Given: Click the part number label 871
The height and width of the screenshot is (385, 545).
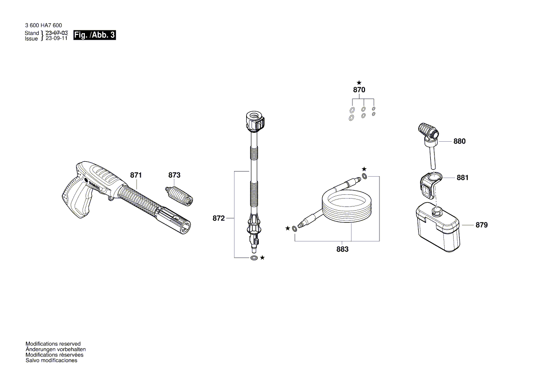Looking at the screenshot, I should (x=136, y=175).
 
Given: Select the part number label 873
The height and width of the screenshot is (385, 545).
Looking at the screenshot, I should (x=174, y=175).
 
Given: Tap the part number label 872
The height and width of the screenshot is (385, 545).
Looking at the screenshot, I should (x=219, y=218).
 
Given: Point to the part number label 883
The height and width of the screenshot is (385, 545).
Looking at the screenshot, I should (x=342, y=249).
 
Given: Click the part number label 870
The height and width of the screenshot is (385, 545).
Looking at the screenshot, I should (x=359, y=90).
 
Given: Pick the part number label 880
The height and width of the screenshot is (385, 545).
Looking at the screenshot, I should (x=459, y=141).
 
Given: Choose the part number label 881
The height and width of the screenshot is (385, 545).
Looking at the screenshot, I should (x=462, y=178).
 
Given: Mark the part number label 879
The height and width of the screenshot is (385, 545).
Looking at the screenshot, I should (x=482, y=225).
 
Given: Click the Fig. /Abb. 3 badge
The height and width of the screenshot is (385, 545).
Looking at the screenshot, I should (x=95, y=35).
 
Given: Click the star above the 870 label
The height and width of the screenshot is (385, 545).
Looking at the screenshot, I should (x=359, y=82).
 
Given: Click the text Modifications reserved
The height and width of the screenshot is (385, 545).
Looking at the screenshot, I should (x=53, y=344).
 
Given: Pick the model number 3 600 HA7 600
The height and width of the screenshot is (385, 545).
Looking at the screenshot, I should (x=43, y=26).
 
